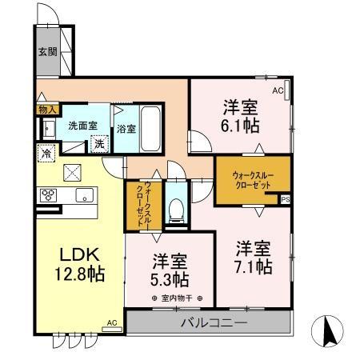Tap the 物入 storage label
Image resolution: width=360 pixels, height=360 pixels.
point(46,109)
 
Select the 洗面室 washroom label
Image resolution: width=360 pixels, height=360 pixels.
point(82,125)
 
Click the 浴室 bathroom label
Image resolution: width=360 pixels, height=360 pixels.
point(126,127)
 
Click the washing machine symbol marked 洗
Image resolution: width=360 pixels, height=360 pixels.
point(100,145)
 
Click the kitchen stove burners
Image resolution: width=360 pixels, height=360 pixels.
point(48,194)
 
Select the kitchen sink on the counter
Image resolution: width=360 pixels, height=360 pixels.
point(84,194)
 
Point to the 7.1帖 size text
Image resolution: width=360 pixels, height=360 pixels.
point(254,256)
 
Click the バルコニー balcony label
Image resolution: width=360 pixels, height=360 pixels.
point(210,325)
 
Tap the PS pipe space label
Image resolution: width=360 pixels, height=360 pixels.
point(285,199)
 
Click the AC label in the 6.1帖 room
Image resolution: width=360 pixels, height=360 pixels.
point(278,90)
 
